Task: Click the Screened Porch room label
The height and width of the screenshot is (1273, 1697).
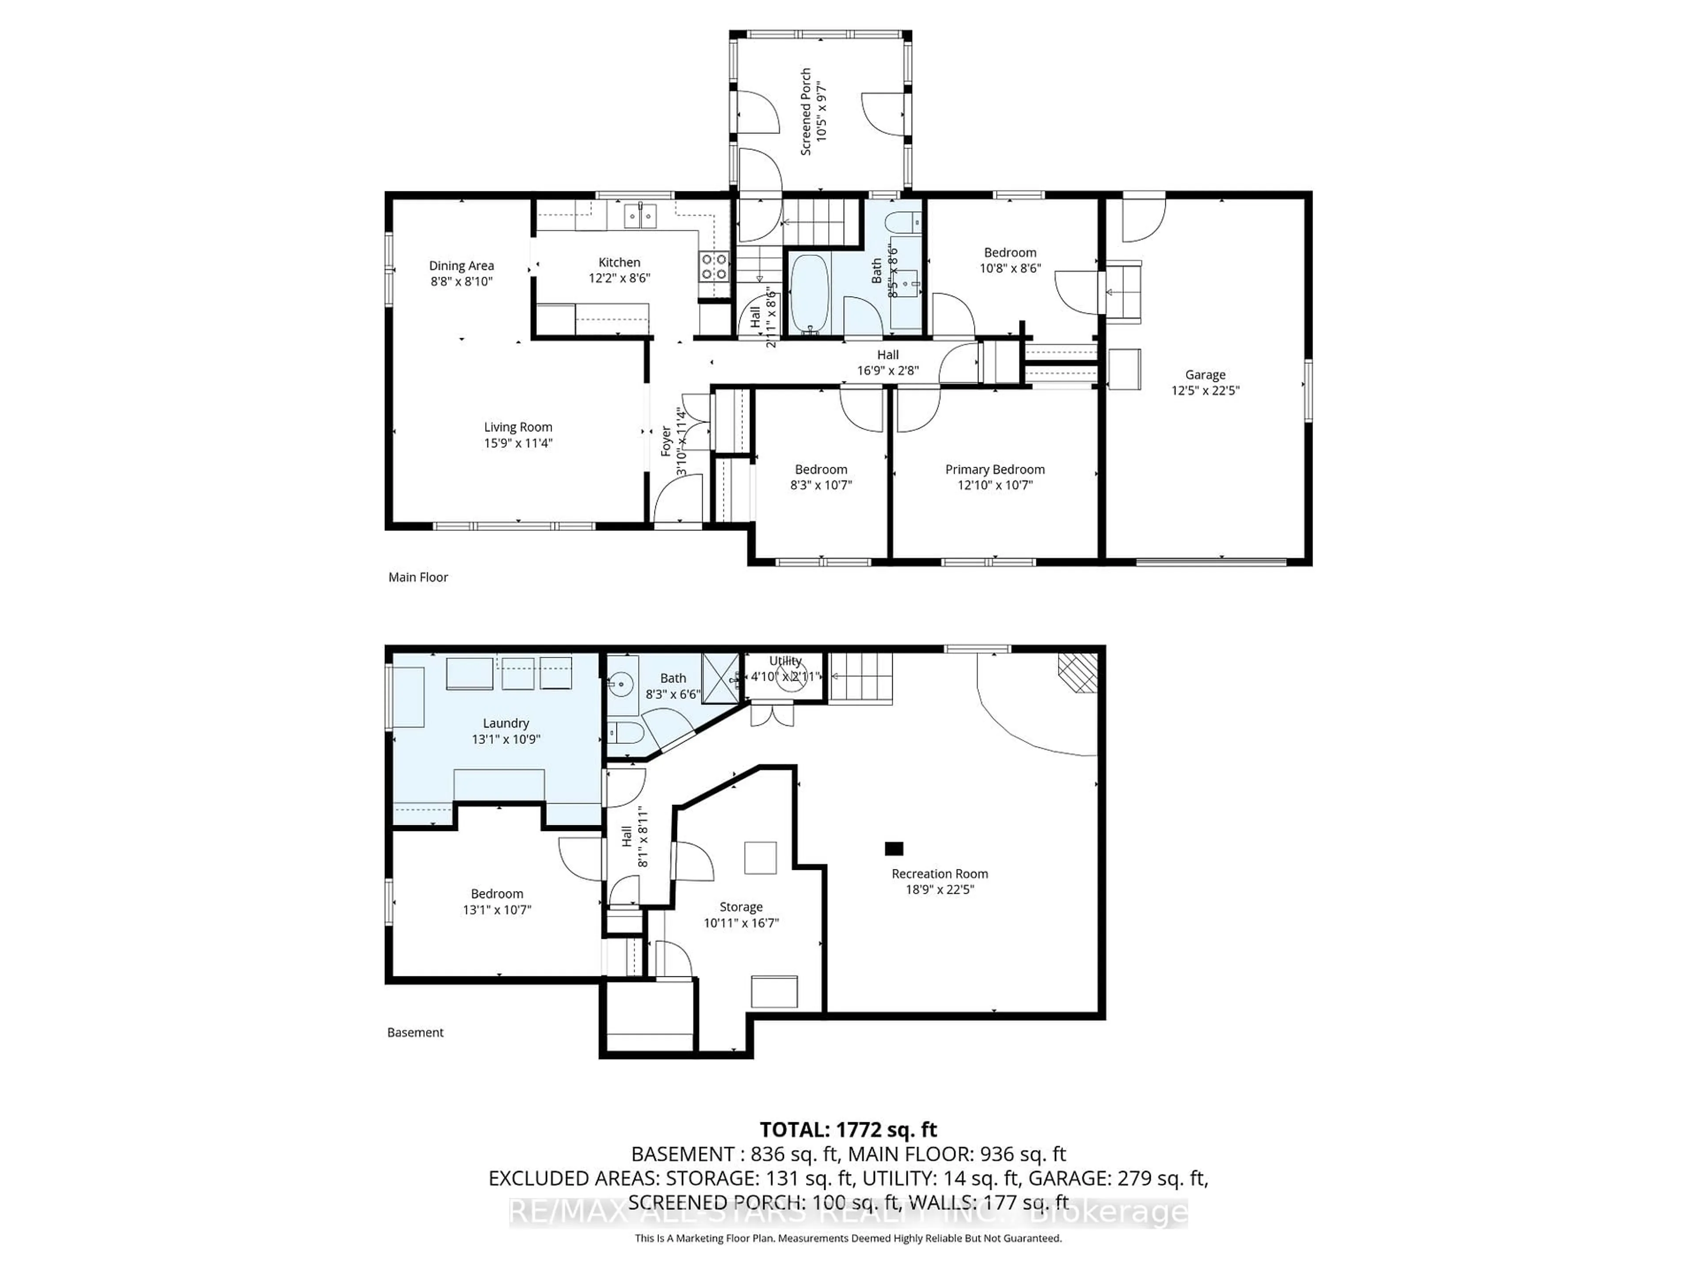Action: (806, 112)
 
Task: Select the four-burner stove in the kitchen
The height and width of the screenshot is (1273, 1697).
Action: (713, 266)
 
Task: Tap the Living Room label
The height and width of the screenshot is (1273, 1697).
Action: (518, 427)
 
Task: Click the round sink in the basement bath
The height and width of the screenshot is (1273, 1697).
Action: (620, 682)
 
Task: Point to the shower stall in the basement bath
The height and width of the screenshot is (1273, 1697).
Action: (719, 675)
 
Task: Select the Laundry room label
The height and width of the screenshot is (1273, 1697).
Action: (506, 723)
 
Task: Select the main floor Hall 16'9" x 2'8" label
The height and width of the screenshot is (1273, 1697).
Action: (888, 354)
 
